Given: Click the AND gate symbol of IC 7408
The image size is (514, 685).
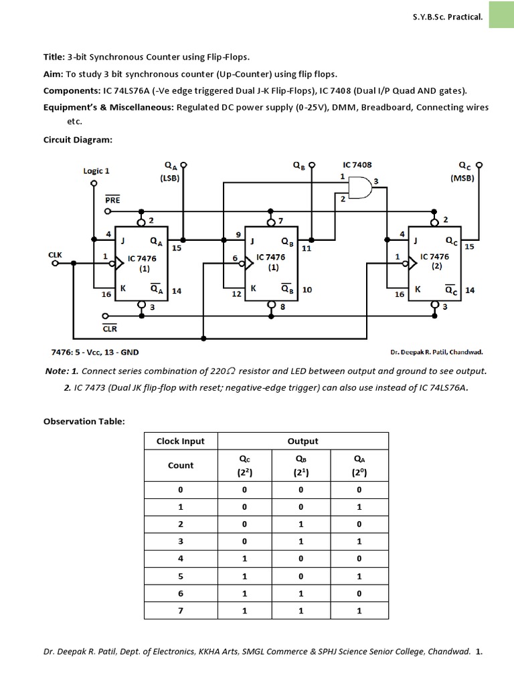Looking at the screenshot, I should (359, 188).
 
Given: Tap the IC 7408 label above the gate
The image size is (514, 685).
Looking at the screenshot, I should (357, 164).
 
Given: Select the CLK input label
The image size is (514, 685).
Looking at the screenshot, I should (55, 255).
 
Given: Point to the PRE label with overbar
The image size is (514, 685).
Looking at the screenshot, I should (112, 199).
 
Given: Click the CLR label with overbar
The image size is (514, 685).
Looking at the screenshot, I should (110, 329).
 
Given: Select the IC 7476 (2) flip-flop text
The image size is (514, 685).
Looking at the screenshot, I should (434, 260).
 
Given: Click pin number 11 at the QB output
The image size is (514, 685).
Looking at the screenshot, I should (307, 248).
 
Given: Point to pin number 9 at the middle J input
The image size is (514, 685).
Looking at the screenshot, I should (237, 235).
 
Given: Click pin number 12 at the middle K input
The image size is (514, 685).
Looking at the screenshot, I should (236, 294).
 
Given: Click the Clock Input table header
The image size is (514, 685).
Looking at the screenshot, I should (181, 441).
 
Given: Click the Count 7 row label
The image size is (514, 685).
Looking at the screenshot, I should (180, 611).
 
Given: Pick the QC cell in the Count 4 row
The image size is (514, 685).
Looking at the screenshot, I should (244, 558).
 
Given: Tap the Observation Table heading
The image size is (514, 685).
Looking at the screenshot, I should (84, 421).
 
